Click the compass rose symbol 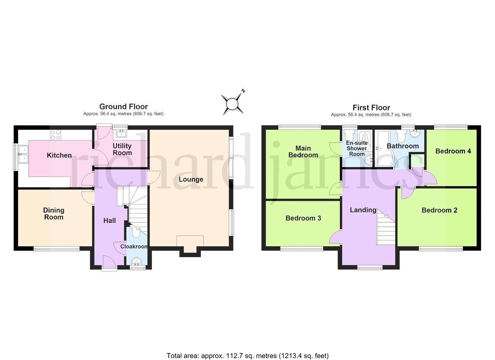coord(233,104)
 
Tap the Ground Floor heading coord(123,107)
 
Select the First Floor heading coord(371,108)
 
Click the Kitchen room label coord(59,155)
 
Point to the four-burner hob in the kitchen coord(55,135)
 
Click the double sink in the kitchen coord(24,154)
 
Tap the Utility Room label coord(122,149)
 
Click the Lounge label coord(191,179)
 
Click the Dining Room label coord(54,214)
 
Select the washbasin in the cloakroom coord(137,262)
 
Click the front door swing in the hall coord(109,261)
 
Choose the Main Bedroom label coord(303,151)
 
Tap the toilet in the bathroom coord(401,136)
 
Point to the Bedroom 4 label coord(453,151)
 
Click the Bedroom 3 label coord(303,218)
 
